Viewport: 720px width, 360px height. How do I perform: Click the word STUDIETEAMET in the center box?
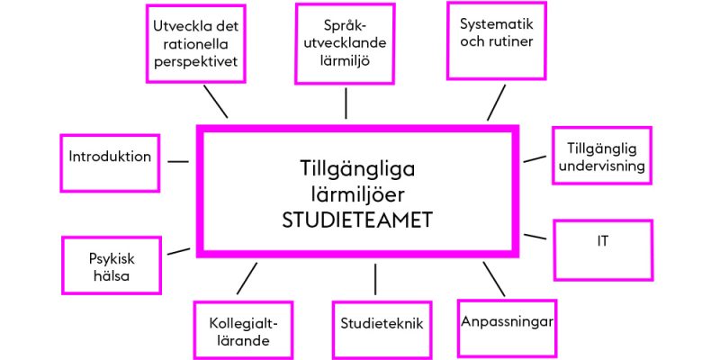point(357,220)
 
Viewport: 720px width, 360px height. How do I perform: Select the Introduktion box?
point(110,163)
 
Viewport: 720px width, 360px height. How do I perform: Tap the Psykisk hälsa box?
point(112,265)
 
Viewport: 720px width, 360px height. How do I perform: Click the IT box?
point(603,250)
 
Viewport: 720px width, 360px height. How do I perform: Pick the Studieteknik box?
point(382,330)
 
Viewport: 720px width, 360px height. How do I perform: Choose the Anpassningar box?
point(507,328)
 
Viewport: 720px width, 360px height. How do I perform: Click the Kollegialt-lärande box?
point(243,330)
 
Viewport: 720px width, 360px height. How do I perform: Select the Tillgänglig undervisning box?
point(601,156)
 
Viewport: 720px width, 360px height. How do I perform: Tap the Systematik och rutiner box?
point(497,40)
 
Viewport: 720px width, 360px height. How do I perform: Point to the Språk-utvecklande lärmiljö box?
point(345,43)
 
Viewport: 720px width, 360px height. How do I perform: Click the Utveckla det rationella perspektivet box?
point(196,43)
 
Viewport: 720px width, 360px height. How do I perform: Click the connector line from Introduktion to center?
point(178,162)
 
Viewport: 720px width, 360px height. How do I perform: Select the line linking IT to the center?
point(535,237)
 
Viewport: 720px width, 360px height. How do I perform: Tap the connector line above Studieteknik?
point(375,279)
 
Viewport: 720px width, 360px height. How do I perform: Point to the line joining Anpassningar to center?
point(493,279)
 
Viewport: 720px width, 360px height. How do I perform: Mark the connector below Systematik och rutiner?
point(497,103)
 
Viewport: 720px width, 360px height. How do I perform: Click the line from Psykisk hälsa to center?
point(178,251)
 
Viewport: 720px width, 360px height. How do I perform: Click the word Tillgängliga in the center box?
point(357,170)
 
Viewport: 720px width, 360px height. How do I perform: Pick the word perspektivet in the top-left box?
point(196,61)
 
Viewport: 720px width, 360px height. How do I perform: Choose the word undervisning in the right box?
point(601,166)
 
